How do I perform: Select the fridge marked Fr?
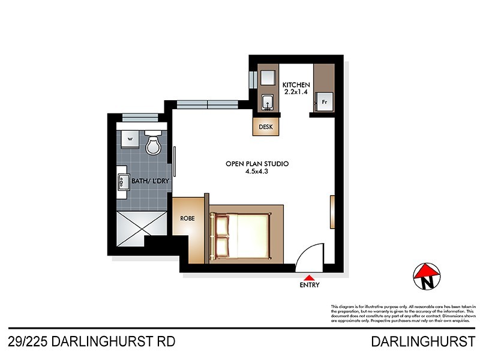tap(324, 103)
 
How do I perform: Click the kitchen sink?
tap(268, 104)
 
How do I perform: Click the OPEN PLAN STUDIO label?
tap(257, 163)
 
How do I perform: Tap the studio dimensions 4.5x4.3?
tap(257, 172)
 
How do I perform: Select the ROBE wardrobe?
tap(188, 219)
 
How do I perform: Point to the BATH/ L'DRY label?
tap(137, 179)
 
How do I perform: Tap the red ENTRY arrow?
tap(309, 277)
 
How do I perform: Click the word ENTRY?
tap(309, 286)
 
